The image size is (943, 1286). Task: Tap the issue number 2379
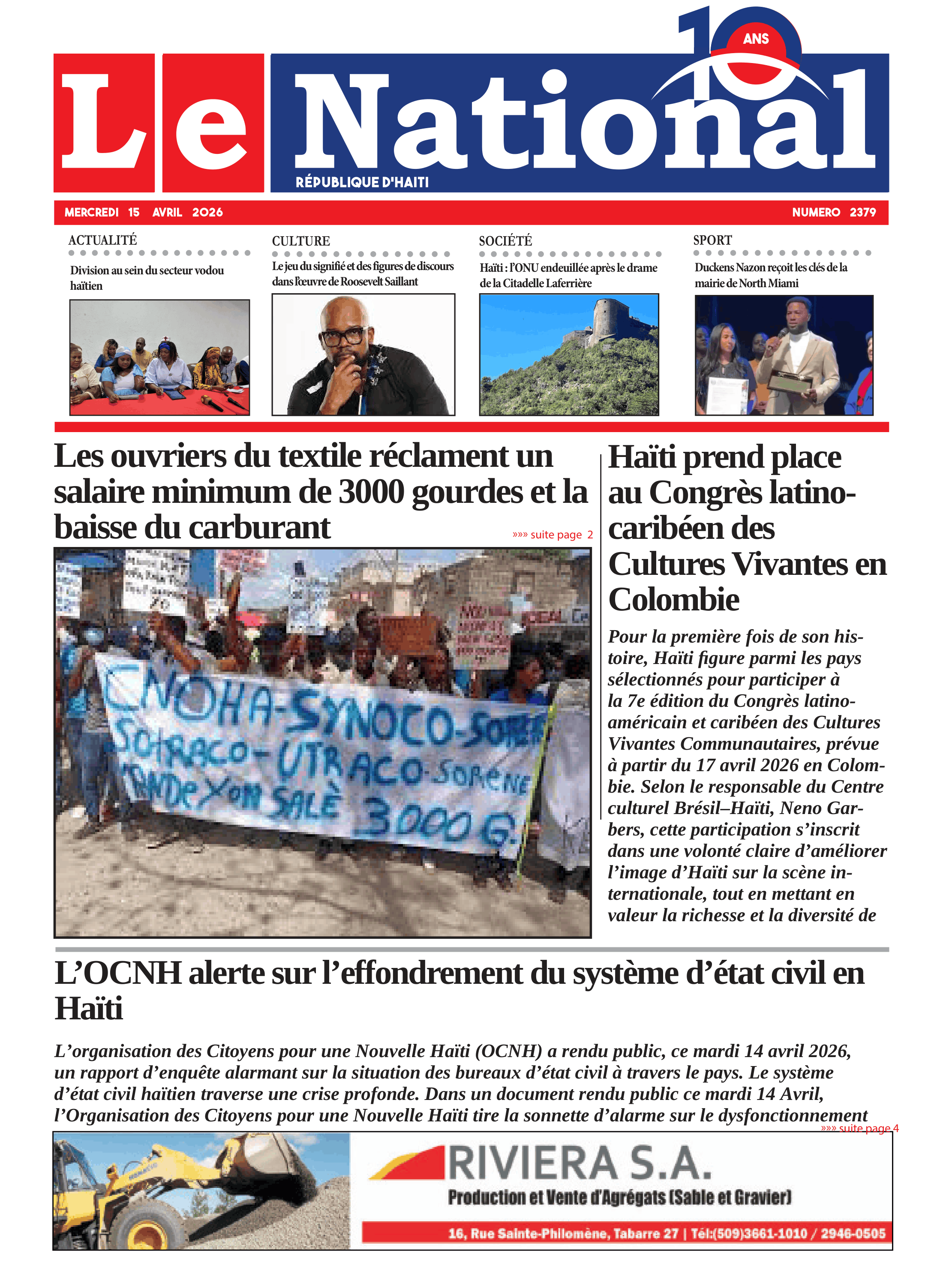tap(862, 212)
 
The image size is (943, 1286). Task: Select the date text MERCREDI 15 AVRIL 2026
tap(143, 212)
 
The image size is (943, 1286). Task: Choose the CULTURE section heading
tap(301, 241)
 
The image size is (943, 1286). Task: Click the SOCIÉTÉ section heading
tap(505, 241)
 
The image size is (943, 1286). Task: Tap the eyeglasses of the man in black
tap(344, 336)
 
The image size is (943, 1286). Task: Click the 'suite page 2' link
tap(553, 535)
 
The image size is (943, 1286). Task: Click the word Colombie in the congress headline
tap(673, 600)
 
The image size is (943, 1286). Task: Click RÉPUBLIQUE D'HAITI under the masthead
tap(362, 183)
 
